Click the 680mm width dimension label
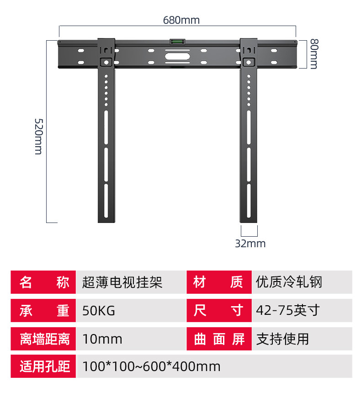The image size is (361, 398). click(x=181, y=21)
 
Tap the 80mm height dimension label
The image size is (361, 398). click(x=313, y=53)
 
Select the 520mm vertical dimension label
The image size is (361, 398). click(x=38, y=136)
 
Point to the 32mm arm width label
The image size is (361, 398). click(x=250, y=244)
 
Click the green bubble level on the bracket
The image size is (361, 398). click(x=176, y=42)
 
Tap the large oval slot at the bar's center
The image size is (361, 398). click(x=176, y=57)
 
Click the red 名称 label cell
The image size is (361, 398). click(x=44, y=282)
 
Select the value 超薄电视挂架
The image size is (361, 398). click(x=122, y=282)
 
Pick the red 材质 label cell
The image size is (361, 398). click(x=218, y=282)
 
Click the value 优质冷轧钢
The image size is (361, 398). click(x=289, y=282)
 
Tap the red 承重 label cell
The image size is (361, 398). click(x=44, y=311)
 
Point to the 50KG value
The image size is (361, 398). click(x=99, y=311)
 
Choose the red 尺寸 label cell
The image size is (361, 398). click(x=218, y=311)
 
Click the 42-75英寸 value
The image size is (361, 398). click(x=287, y=311)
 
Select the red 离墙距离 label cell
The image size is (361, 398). click(x=44, y=339)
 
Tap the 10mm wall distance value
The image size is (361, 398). click(x=102, y=339)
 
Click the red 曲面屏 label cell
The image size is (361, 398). click(x=218, y=339)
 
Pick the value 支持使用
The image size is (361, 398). click(x=282, y=339)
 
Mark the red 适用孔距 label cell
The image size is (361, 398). click(x=44, y=366)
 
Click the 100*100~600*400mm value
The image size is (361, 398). click(x=151, y=366)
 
